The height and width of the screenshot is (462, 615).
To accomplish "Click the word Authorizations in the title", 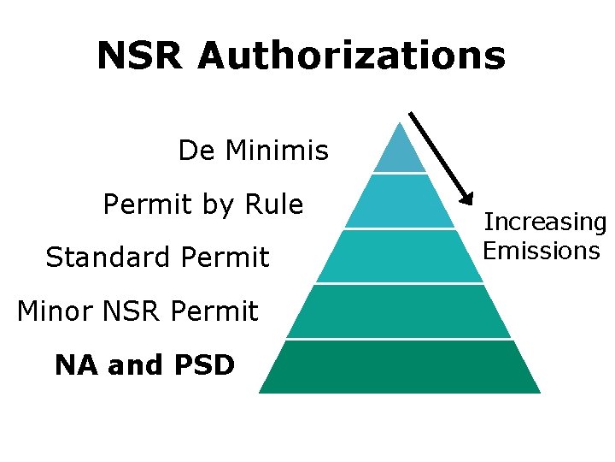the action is (351, 56).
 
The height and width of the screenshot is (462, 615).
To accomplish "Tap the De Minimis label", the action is (253, 151).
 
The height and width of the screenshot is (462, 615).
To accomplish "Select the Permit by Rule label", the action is (202, 204).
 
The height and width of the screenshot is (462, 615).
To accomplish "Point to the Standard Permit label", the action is (157, 257).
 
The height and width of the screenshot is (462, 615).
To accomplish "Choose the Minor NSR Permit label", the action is (137, 311).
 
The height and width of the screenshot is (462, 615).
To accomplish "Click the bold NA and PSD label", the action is (144, 365).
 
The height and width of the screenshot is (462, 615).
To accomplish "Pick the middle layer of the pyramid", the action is (400, 257).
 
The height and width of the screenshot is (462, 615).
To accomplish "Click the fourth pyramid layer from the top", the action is (400, 311).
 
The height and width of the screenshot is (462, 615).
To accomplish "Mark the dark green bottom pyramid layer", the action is (400, 367).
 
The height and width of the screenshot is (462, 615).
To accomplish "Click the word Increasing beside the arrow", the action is (545, 222).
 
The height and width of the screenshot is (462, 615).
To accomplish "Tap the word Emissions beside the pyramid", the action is (541, 251).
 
